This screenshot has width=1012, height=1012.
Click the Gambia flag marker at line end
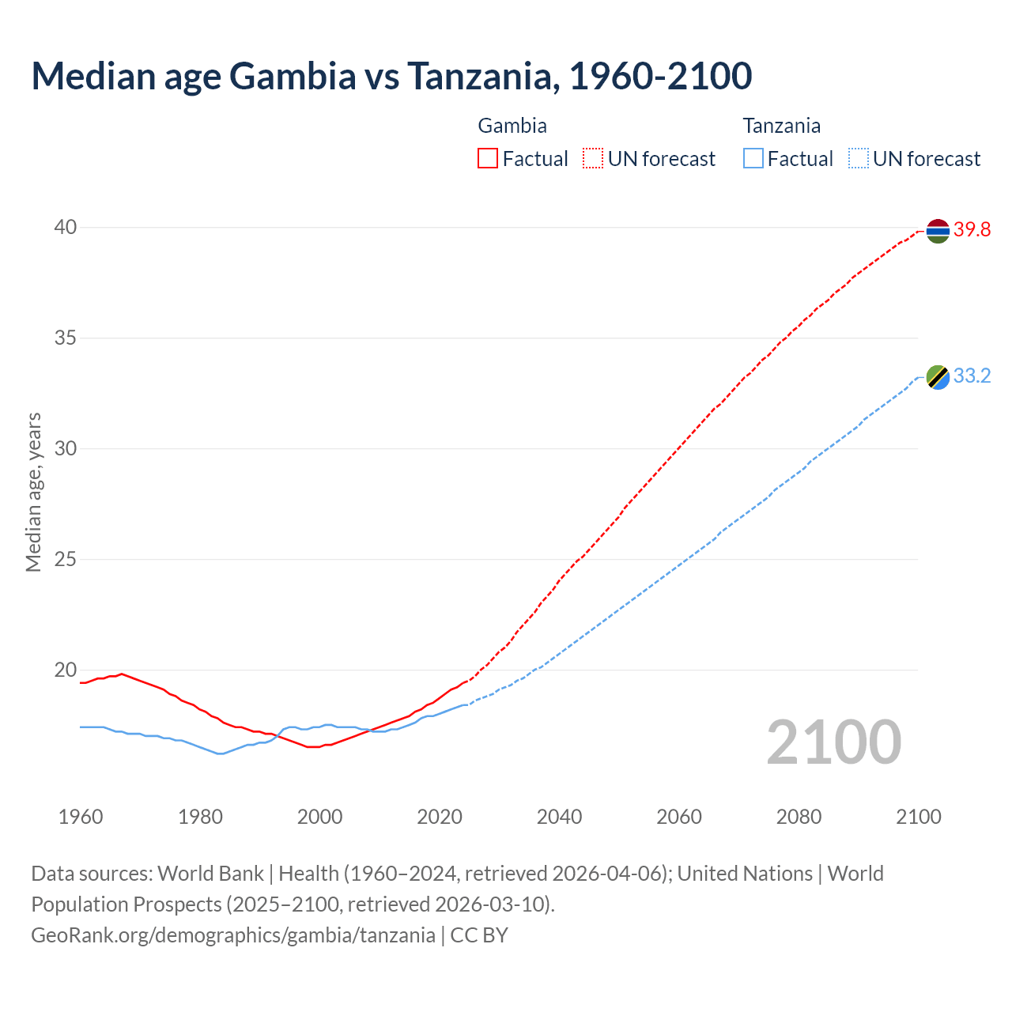click(x=937, y=231)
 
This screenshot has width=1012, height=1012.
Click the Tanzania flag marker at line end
click(x=937, y=377)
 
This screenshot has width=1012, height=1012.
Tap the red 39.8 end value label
click(x=972, y=230)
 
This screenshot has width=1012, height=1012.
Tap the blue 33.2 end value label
click(x=972, y=376)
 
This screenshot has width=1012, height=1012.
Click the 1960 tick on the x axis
click(x=81, y=817)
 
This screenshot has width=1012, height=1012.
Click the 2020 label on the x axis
click(x=440, y=817)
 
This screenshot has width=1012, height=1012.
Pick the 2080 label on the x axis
click(x=799, y=817)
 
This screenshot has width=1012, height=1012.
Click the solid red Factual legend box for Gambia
click(x=488, y=159)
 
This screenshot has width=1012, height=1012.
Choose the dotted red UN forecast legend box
click(x=593, y=159)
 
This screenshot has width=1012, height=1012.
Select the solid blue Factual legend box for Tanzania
click(x=753, y=159)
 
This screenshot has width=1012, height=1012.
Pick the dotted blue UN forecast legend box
click(x=858, y=159)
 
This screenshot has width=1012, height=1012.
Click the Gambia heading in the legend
click(x=512, y=126)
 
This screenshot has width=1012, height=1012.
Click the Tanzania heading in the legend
click(x=781, y=126)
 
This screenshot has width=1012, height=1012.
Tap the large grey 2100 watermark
click(x=833, y=742)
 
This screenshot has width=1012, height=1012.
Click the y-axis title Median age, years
click(x=33, y=492)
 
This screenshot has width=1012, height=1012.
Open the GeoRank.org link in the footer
click(x=233, y=935)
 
